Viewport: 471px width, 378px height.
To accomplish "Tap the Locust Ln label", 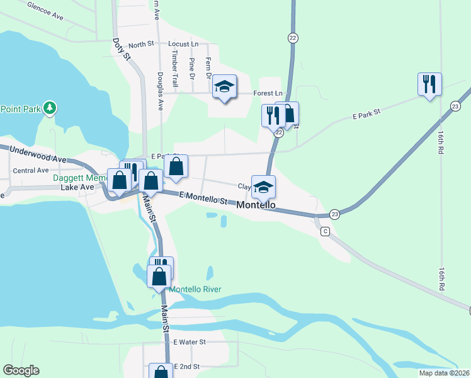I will (183, 44).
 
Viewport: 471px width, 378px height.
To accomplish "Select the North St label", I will (141, 45).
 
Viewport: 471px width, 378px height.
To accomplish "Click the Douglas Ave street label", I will (161, 91).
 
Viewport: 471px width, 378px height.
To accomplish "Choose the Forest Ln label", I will (268, 93).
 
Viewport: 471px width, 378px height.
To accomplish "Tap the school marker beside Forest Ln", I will (224, 86).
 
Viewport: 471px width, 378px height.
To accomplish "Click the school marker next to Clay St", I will (264, 185).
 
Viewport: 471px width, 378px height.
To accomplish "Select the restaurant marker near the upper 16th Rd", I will (429, 84).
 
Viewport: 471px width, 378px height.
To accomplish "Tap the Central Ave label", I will (31, 170).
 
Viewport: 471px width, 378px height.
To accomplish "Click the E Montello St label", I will (203, 199).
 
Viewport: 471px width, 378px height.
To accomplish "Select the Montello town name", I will (256, 205).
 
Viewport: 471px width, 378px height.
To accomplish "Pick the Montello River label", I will (195, 289).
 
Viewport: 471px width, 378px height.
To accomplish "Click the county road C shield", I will (325, 231).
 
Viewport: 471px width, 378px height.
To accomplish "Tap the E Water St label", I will (190, 342).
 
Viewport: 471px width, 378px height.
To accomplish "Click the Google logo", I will (21, 370).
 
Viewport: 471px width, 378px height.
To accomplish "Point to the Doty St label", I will (121, 50).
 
